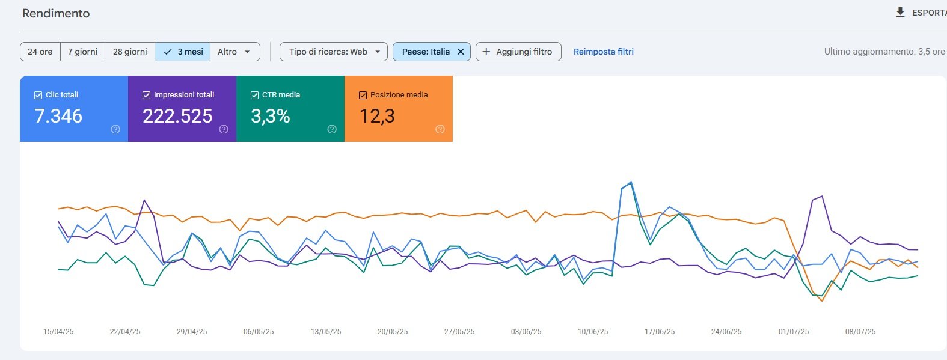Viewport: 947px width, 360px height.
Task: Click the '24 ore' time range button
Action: (40, 52)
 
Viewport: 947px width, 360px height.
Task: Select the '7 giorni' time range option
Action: (82, 52)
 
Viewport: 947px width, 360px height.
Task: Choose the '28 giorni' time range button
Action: (130, 52)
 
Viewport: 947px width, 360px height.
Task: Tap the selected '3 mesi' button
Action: (183, 52)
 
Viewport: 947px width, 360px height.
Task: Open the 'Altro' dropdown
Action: (235, 52)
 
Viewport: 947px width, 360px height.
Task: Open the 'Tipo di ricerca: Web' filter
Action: (334, 52)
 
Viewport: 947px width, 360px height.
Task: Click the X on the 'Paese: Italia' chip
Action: (461, 52)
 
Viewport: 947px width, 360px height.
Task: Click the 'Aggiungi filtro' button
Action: (518, 52)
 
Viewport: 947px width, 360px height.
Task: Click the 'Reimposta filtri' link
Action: (603, 52)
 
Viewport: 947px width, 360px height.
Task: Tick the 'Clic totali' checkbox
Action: (38, 95)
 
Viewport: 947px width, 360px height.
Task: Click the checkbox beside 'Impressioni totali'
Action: (146, 95)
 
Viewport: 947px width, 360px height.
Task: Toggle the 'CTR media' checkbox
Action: (254, 95)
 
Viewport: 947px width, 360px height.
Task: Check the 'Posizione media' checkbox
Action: (363, 95)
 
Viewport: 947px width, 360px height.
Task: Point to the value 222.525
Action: (177, 116)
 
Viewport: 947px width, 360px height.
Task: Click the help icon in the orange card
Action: (440, 129)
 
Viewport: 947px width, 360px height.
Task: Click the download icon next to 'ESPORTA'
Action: (901, 13)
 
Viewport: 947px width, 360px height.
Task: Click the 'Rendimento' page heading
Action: (56, 13)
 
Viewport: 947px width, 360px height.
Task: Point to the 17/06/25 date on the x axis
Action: (660, 332)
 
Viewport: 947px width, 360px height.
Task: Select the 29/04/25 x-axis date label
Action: (192, 332)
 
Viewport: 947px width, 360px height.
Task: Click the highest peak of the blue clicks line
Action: (631, 182)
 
